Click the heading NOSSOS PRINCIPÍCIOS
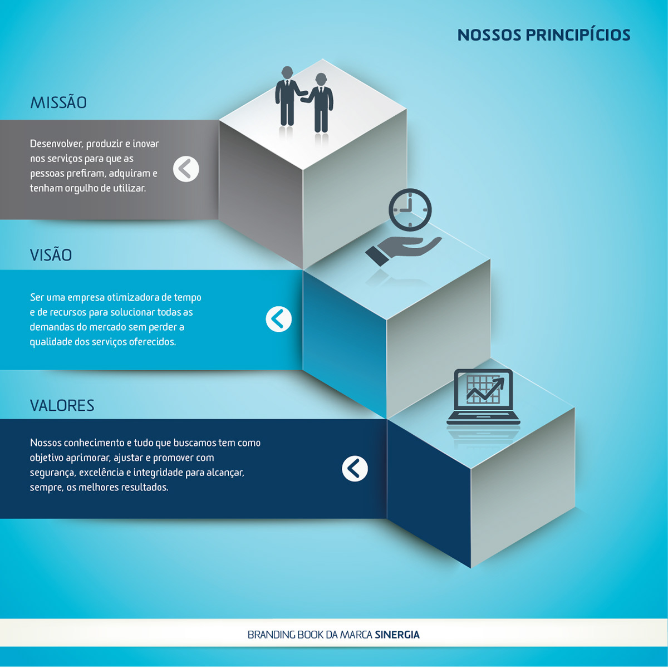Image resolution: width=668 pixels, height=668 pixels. (x=543, y=35)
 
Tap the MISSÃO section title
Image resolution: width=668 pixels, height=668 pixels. (x=58, y=103)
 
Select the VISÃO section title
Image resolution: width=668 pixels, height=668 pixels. (x=51, y=255)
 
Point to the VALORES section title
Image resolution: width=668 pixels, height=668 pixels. (x=62, y=405)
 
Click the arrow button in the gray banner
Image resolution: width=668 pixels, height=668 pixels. (x=186, y=169)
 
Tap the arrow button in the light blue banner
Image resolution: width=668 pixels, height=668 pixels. (x=278, y=319)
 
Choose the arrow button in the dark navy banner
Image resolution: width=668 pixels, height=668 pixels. (x=355, y=469)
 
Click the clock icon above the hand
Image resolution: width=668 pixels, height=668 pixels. (x=410, y=210)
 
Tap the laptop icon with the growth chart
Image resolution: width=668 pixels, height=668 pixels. (x=483, y=396)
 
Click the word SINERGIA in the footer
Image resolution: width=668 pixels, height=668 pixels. (x=397, y=635)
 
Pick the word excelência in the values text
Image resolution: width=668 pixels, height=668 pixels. (x=101, y=473)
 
